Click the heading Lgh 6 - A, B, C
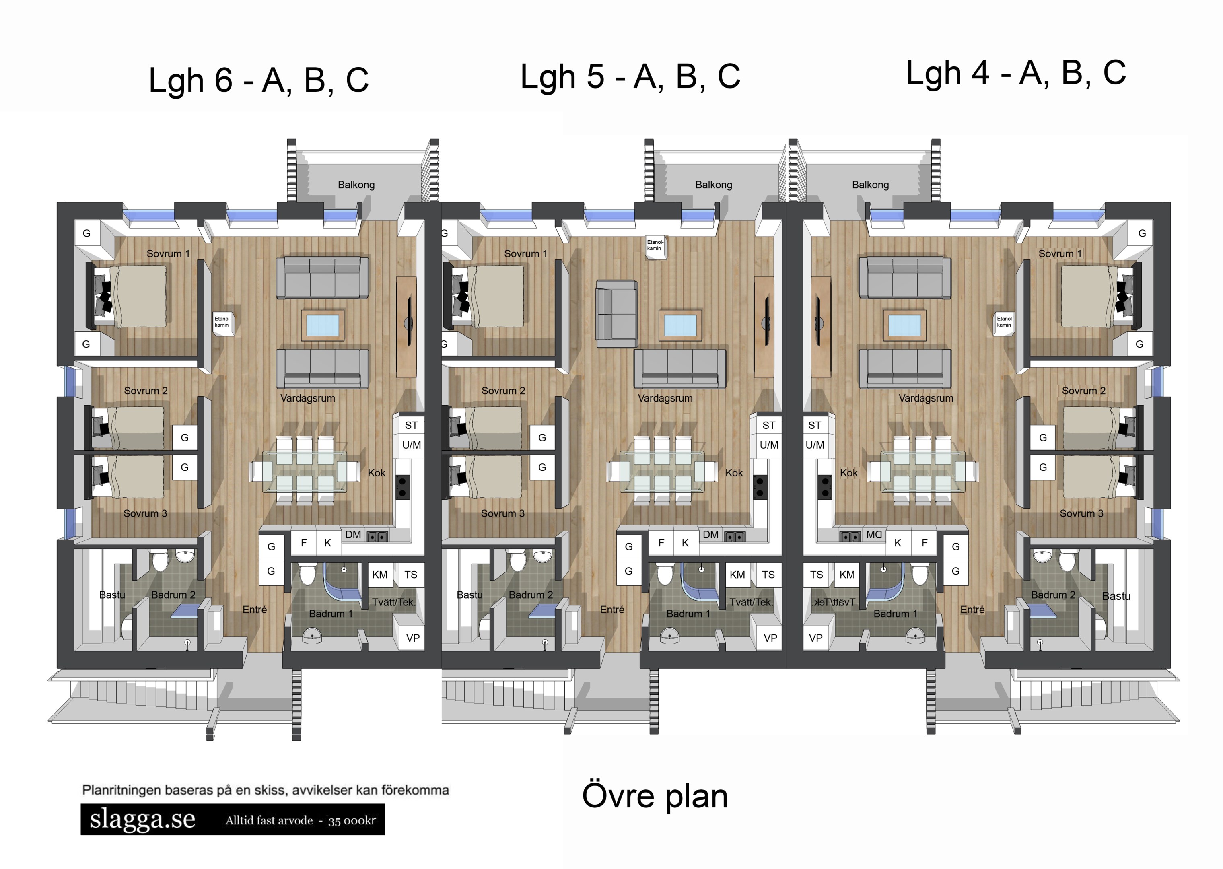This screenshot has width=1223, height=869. pos(258,80)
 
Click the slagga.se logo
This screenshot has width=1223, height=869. pos(142,819)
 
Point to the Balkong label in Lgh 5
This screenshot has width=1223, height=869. pos(713,185)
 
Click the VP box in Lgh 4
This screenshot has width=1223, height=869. pos(815,638)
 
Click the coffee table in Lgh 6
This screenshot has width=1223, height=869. pos(323,325)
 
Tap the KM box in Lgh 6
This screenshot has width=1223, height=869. pos(380,575)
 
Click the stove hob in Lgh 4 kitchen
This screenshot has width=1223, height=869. pos(825,486)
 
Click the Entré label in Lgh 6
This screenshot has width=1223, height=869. pos(255,610)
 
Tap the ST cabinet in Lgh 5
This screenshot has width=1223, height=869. pos(768,425)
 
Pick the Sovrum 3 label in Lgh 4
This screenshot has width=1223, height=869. pos(1081,513)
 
